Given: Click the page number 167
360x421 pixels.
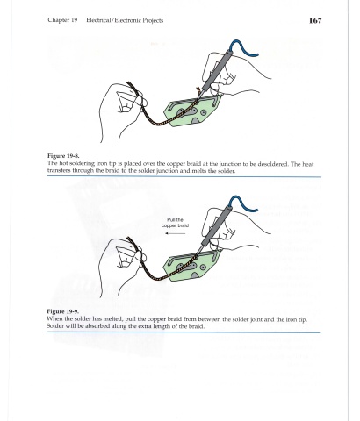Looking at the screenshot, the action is click(x=315, y=20).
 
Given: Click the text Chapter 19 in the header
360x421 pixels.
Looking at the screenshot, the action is click(x=62, y=20).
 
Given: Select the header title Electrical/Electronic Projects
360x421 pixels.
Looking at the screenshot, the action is click(x=125, y=20).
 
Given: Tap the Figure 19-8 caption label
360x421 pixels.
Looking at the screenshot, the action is click(x=63, y=156).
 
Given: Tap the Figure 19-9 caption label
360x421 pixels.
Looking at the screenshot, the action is click(x=62, y=311).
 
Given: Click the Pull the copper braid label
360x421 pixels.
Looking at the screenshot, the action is click(x=175, y=223).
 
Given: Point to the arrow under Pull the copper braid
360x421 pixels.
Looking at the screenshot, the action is click(x=175, y=233).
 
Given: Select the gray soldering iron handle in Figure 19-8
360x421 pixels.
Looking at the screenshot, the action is click(x=217, y=70).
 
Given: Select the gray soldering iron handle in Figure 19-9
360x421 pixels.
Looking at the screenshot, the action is click(x=217, y=225).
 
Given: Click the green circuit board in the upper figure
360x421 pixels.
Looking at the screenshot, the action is click(x=191, y=111).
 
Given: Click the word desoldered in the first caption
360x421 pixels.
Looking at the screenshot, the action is click(x=275, y=164).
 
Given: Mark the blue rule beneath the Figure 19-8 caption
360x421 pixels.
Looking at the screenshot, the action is click(x=184, y=177).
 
